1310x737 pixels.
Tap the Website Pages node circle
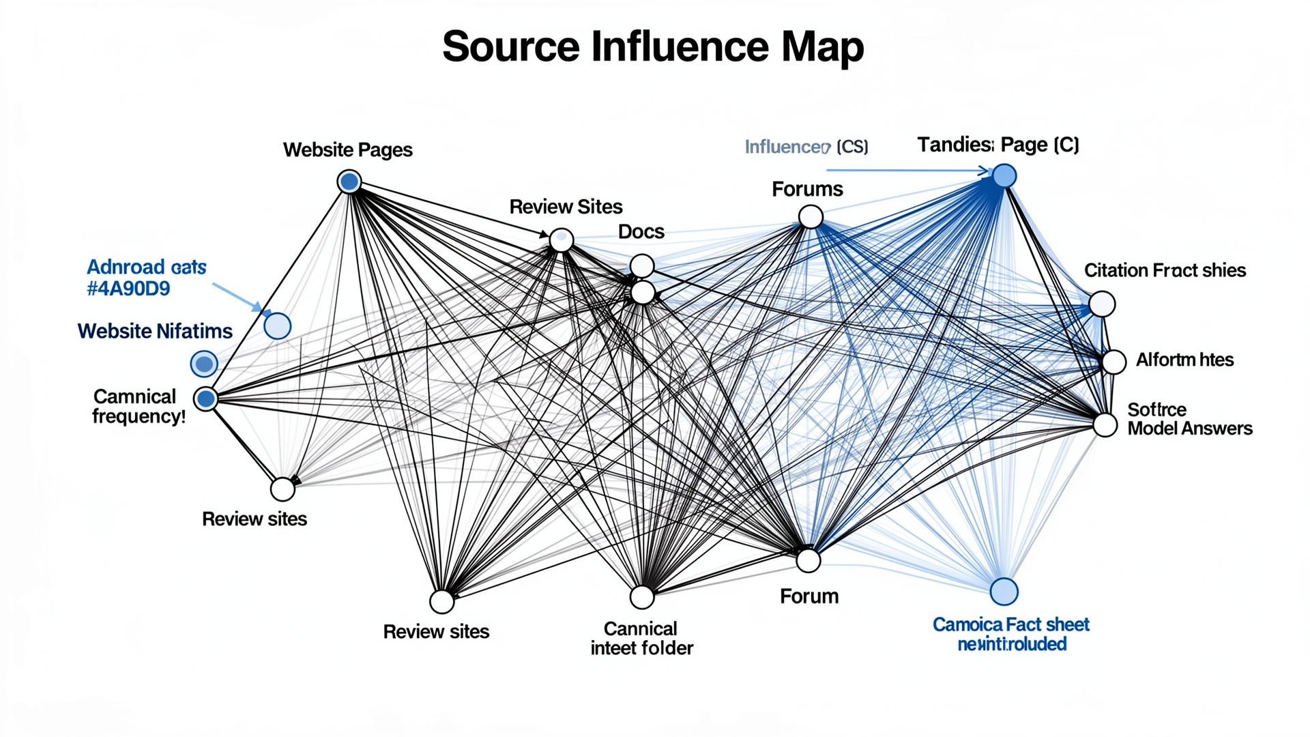point(349,182)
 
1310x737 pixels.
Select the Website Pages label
point(347,149)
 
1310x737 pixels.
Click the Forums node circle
point(811,218)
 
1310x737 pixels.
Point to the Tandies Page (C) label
point(998,145)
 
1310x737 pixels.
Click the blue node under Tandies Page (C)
point(1004,176)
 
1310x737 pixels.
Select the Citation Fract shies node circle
point(1102,304)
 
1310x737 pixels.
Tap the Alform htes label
point(1184,360)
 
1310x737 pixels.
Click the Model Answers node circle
point(1105,424)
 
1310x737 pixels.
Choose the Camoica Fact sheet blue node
point(1003,591)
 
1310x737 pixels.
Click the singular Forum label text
point(809,596)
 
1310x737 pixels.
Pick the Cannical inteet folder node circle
point(641,596)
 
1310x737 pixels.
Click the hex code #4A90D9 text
point(128,289)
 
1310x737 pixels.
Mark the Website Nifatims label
point(155,331)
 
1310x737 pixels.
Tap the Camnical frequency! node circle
point(206,399)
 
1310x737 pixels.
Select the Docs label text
point(641,232)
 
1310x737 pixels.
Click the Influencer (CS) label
point(806,147)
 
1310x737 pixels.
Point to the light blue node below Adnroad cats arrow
point(277,326)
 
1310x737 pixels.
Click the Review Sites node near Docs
point(561,240)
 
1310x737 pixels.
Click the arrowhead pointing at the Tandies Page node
point(985,171)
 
